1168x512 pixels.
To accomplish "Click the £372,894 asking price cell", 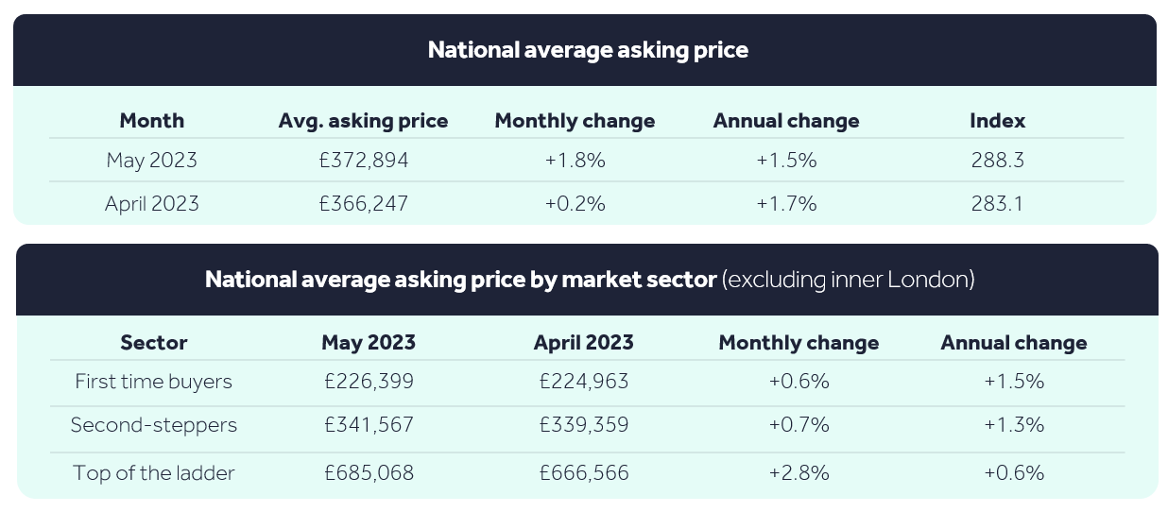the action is (364, 160).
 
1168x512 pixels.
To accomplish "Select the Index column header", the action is (997, 120).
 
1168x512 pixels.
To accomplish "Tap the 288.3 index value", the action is (997, 160).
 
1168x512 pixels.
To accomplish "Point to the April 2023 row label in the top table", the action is (152, 204).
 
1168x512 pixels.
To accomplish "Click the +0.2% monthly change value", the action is (575, 203).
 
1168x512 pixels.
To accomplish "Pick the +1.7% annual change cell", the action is (786, 203).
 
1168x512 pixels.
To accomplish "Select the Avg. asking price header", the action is (363, 121).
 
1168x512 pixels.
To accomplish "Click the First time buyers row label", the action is (153, 382).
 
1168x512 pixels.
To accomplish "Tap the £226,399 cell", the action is (369, 381).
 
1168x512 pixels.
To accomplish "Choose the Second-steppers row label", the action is (154, 425).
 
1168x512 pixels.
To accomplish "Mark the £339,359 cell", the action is (583, 424).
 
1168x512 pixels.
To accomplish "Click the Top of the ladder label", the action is (153, 473).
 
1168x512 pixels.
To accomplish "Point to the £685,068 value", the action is (369, 473).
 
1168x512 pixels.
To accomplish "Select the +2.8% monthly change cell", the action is (799, 473).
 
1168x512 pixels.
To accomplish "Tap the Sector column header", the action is (153, 343).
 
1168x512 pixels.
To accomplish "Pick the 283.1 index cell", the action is (997, 203).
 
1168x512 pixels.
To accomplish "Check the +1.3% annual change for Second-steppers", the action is (1014, 424).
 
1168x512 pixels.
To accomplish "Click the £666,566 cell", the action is (583, 473).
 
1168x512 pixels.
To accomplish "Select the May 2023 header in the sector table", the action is (369, 343).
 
